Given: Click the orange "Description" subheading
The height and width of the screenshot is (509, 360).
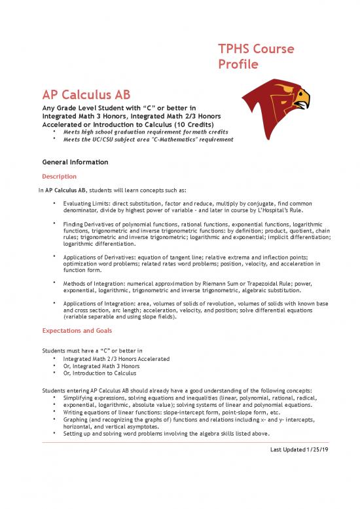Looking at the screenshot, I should tap(59, 177).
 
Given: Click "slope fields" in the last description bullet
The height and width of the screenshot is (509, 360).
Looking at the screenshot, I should tap(166, 315).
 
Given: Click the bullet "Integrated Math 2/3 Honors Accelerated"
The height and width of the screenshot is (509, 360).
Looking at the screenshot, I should tap(117, 359).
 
